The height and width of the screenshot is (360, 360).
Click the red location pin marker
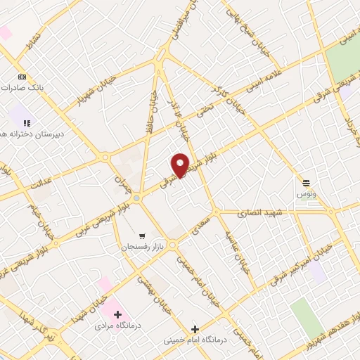(x=180, y=165)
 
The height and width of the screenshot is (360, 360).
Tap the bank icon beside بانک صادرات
(x=22, y=77)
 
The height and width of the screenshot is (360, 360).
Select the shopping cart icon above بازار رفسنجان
(x=142, y=236)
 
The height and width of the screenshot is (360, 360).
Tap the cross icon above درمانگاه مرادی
(x=117, y=314)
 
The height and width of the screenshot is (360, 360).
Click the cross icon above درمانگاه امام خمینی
(x=195, y=328)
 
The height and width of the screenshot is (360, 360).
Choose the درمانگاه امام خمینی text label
(x=195, y=340)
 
